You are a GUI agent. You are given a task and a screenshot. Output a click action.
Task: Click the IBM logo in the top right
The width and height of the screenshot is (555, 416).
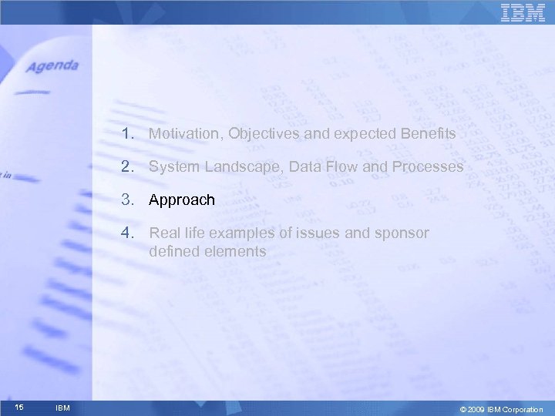(x=523, y=13)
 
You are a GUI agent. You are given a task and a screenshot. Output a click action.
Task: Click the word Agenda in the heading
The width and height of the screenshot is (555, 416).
(x=52, y=66)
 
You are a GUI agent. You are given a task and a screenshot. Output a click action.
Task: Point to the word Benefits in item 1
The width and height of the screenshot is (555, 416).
(x=428, y=134)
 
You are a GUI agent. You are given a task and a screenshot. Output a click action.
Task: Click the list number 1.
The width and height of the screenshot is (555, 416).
(x=126, y=134)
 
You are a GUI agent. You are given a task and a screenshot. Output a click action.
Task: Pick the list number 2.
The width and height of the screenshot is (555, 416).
(x=126, y=166)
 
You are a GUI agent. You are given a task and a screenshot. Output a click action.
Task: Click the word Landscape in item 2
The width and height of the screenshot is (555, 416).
(x=236, y=166)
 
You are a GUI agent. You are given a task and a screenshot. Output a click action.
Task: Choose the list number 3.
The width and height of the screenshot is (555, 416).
(x=126, y=200)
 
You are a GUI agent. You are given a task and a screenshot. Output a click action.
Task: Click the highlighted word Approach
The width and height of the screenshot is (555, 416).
(x=182, y=200)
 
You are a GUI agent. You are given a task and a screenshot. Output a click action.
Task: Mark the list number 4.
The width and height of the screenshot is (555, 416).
(x=126, y=233)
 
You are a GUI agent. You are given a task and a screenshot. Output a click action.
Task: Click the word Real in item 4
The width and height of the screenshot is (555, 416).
(x=163, y=233)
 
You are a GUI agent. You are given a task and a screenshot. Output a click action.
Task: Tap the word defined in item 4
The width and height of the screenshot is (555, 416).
(x=173, y=251)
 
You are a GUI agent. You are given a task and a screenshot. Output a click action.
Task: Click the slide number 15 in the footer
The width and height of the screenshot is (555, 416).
(x=18, y=407)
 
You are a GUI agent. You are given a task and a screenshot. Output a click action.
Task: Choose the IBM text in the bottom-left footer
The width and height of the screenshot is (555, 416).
(x=63, y=408)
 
